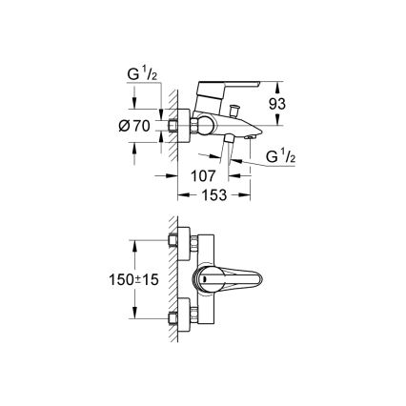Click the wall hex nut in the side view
pyautogui.click(x=173, y=126)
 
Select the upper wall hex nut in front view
pyautogui.click(x=173, y=239)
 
